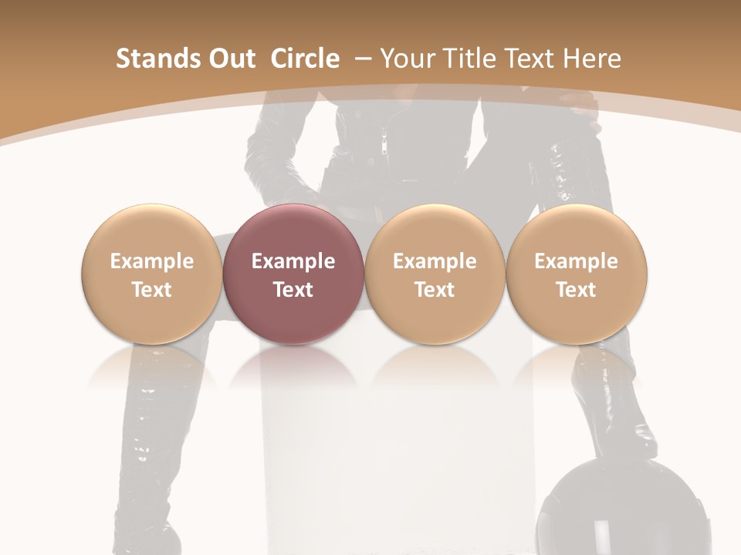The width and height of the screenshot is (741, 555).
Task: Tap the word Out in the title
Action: coord(229,59)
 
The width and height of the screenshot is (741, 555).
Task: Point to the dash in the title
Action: coord(365,59)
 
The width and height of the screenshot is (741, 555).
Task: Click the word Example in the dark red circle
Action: coord(293,261)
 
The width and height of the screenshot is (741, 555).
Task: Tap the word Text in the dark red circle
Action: coord(293,290)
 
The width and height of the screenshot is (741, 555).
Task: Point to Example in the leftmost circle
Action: coord(152,261)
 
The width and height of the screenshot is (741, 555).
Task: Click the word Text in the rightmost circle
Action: coord(576,290)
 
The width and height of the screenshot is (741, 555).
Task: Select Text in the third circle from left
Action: coord(435,290)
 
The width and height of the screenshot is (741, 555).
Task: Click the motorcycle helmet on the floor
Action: coord(594,513)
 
